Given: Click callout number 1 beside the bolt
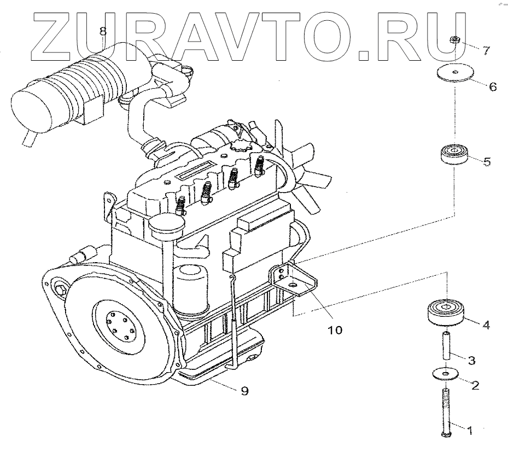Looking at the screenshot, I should pyautogui.click(x=469, y=431).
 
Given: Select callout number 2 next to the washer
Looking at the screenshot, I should pyautogui.click(x=475, y=385).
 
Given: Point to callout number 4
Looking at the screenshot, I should pyautogui.click(x=486, y=324).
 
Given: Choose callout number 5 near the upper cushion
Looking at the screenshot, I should pyautogui.click(x=487, y=161).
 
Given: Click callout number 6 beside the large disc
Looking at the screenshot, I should pyautogui.click(x=492, y=86).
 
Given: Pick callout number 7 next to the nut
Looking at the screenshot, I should pyautogui.click(x=486, y=50).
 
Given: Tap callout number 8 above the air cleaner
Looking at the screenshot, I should pyautogui.click(x=103, y=32).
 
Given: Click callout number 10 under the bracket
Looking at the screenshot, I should pyautogui.click(x=335, y=330).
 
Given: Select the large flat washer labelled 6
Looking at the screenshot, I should pyautogui.click(x=455, y=74).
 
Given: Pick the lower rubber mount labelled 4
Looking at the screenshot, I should pyautogui.click(x=445, y=312).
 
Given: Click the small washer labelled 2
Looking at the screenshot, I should pyautogui.click(x=445, y=374).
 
